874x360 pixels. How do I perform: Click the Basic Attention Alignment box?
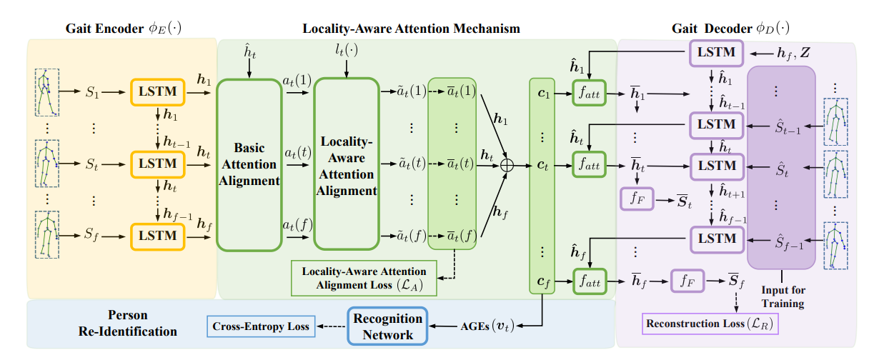click(x=248, y=164)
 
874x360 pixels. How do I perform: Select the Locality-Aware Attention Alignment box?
click(x=346, y=164)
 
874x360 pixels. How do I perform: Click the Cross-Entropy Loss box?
click(x=261, y=326)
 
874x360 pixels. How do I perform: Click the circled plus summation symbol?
click(x=507, y=164)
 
